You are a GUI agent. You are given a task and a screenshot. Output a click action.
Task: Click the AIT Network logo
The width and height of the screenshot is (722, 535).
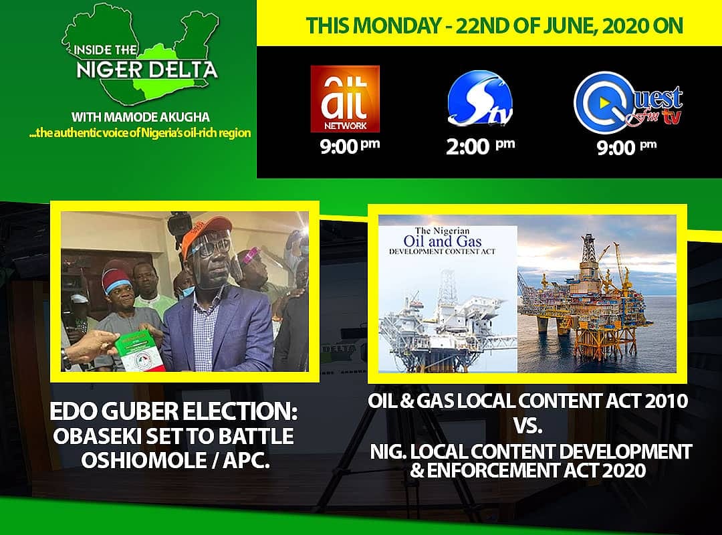344,98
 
